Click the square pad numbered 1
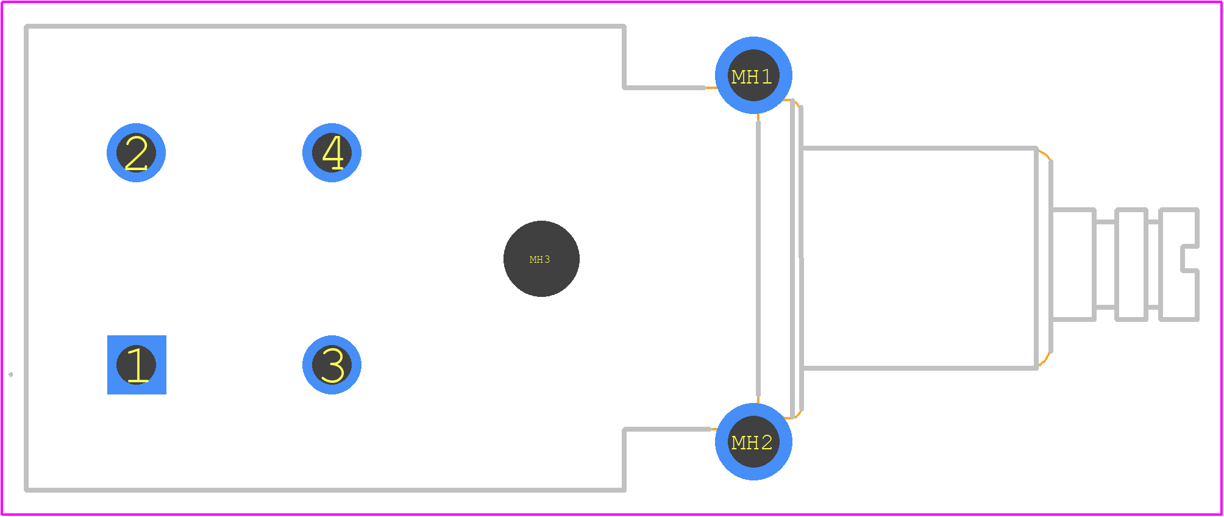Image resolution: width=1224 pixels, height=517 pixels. (137, 365)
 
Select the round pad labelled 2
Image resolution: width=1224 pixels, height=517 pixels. (136, 152)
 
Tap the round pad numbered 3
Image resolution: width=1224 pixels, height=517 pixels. (332, 365)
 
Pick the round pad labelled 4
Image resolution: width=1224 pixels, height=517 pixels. (332, 152)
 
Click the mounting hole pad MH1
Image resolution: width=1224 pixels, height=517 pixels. (753, 75)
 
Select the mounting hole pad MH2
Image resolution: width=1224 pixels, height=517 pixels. (753, 441)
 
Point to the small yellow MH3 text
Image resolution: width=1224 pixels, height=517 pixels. (539, 260)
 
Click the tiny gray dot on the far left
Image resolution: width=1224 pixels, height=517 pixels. (11, 374)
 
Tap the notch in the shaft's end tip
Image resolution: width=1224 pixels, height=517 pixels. (1189, 258)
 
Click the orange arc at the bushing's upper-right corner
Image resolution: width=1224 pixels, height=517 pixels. (1045, 154)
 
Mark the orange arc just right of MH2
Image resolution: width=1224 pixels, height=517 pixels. (794, 415)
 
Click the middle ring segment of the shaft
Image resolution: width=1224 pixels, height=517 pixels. (1132, 265)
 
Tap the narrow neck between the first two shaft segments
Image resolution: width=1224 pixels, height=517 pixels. (1106, 265)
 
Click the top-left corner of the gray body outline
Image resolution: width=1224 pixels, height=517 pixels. (26, 27)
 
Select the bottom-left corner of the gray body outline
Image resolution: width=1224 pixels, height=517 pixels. (26, 490)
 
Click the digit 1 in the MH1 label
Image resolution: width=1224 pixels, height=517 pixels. (767, 77)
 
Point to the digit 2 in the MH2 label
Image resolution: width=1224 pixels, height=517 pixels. (767, 443)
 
